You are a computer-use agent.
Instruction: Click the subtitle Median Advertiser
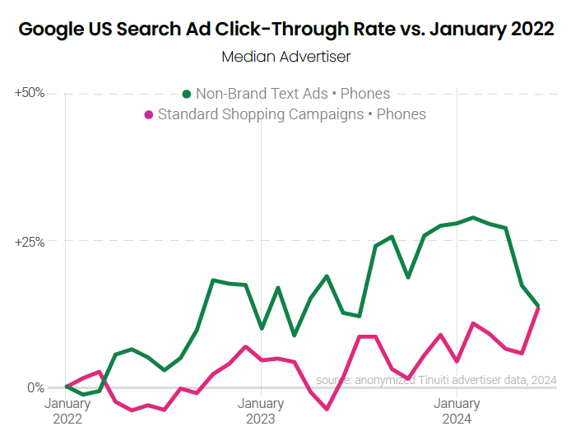tap(285, 57)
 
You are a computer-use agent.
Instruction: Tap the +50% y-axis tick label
tap(30, 93)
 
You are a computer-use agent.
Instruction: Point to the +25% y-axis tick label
tap(30, 242)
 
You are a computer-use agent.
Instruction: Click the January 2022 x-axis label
tap(67, 410)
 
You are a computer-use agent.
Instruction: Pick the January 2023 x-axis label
tap(261, 410)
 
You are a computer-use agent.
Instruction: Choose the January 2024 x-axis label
tap(457, 410)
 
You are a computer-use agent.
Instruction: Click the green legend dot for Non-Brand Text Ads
tap(187, 94)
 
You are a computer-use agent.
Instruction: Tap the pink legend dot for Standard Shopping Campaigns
tap(148, 114)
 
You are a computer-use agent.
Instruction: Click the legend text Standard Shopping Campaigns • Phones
tap(291, 114)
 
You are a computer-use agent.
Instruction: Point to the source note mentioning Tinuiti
tap(436, 380)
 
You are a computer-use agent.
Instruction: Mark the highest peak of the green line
tap(473, 218)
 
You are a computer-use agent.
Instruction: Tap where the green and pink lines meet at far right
tap(538, 306)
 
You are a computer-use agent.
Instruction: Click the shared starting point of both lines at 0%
tap(67, 387)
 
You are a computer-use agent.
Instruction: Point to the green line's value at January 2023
tap(262, 328)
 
